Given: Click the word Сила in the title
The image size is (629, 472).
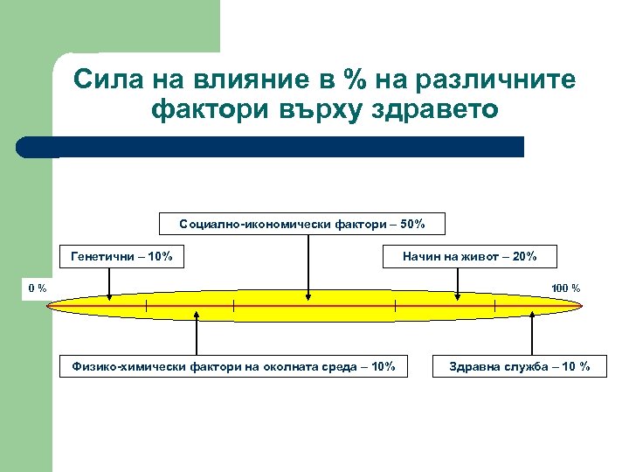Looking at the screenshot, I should [x=101, y=80].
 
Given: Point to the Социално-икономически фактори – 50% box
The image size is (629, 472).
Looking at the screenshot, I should [x=302, y=224].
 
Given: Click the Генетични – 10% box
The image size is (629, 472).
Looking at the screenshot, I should [x=121, y=256].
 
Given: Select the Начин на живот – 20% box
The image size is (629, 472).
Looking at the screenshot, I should [x=470, y=256].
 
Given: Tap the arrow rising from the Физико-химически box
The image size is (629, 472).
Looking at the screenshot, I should [x=197, y=337].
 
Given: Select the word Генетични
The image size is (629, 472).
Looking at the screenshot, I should [x=103, y=256].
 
